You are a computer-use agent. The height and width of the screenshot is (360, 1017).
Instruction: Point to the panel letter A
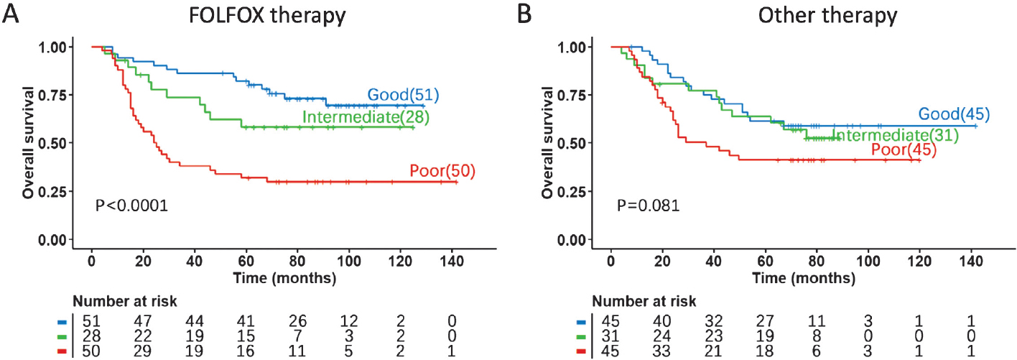pyautogui.click(x=10, y=14)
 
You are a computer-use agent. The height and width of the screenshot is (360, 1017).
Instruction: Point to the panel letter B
pyautogui.click(x=526, y=14)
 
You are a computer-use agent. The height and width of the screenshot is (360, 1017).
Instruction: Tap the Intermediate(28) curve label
pyautogui.click(x=366, y=117)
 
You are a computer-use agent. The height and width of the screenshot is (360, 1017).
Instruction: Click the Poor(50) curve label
pyautogui.click(x=442, y=171)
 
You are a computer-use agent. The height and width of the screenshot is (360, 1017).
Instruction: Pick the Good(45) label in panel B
pyautogui.click(x=953, y=114)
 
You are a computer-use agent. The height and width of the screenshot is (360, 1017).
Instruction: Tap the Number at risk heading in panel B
pyautogui.click(x=644, y=300)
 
